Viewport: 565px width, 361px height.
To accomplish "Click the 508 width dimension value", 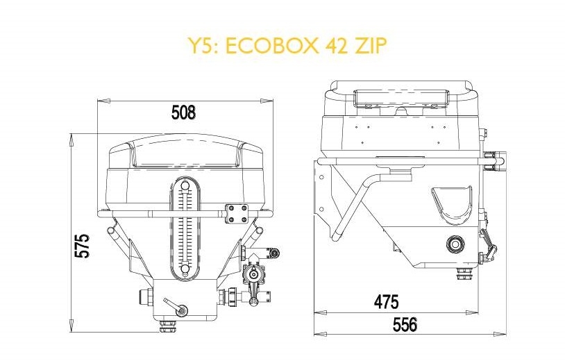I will pyautogui.click(x=183, y=112).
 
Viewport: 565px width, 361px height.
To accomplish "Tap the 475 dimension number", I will pyautogui.click(x=387, y=303).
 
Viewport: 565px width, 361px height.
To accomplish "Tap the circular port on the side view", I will pyautogui.click(x=456, y=244).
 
